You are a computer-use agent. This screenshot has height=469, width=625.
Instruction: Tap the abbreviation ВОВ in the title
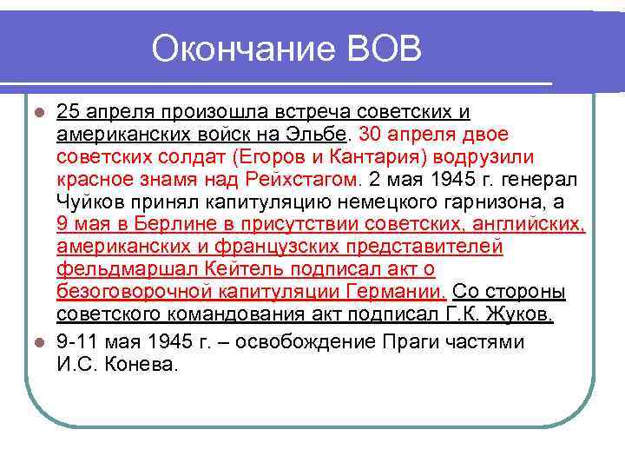click(x=382, y=50)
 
